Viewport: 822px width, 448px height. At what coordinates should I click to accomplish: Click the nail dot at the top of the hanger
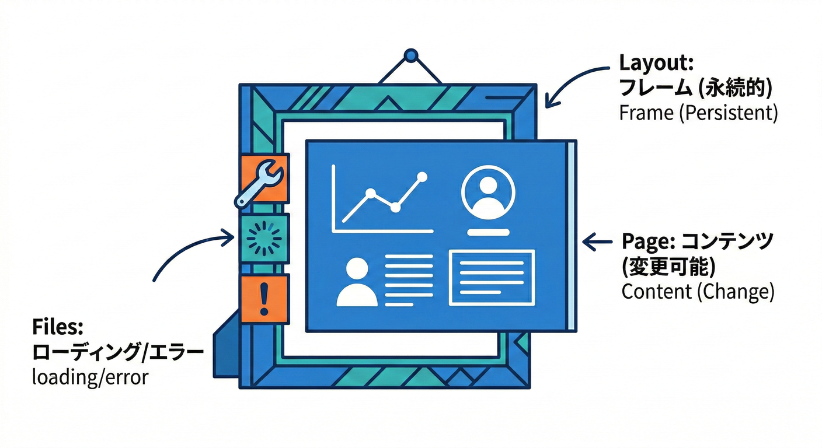coord(412,56)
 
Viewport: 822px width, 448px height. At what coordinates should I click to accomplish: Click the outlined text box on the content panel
coord(492,277)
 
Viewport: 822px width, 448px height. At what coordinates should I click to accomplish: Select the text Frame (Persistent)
coord(698,113)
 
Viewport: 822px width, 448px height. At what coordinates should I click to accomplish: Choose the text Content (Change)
coord(698,291)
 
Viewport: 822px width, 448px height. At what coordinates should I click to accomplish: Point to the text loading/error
coord(90,377)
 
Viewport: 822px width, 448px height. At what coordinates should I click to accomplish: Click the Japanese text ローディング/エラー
coord(117,352)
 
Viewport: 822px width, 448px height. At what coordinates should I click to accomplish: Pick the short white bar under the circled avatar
coord(487,232)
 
